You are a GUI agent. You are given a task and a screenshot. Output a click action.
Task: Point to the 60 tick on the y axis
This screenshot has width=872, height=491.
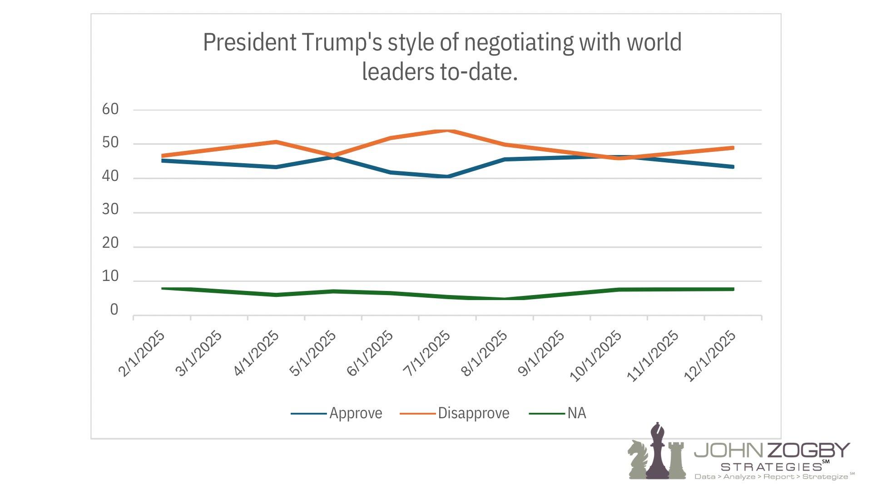click(x=110, y=109)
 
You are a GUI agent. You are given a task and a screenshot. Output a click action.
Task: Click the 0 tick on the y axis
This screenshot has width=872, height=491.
click(x=114, y=310)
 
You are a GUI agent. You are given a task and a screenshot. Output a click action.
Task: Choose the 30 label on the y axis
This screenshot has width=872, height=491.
click(x=110, y=209)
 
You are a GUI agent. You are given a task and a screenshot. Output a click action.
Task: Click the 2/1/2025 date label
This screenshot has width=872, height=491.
click(x=142, y=354)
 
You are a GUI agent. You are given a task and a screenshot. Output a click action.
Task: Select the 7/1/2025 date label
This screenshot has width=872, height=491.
click(x=427, y=354)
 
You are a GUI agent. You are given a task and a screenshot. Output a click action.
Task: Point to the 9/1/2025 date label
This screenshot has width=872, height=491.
click(x=541, y=354)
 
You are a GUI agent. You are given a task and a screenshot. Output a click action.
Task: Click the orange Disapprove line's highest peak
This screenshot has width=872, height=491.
click(x=448, y=131)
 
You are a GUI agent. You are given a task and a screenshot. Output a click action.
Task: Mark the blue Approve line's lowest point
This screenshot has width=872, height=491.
click(x=448, y=176)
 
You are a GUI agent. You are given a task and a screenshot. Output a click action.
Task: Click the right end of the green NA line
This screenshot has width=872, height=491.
click(x=733, y=289)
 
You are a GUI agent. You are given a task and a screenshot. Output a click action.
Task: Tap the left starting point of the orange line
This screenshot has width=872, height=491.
click(x=163, y=156)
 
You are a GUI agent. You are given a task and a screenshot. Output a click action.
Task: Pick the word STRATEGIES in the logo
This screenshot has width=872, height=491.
click(x=771, y=467)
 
